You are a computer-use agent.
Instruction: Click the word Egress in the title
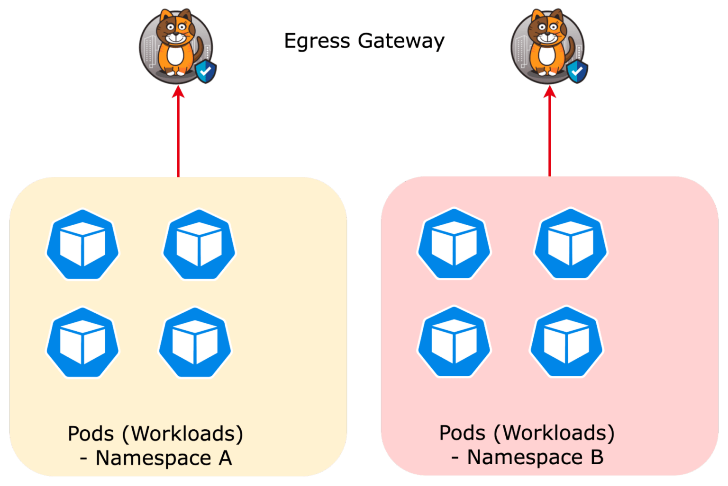tap(317, 41)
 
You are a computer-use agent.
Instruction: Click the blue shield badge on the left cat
tap(206, 71)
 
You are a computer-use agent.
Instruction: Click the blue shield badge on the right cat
tap(577, 71)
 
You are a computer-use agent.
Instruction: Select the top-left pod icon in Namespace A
tap(82, 245)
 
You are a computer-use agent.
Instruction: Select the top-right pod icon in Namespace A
tap(199, 245)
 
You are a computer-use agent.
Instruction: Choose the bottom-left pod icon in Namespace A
tap(82, 343)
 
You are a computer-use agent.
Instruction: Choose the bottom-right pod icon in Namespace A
tap(195, 343)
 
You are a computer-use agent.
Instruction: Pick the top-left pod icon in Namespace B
tap(454, 244)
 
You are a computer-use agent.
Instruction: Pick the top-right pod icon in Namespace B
tap(571, 244)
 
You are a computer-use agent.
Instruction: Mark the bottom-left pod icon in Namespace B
tap(454, 342)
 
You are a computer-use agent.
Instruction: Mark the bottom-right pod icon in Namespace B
tap(566, 342)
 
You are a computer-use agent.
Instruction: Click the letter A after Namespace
tap(225, 458)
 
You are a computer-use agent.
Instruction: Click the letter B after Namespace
tap(596, 457)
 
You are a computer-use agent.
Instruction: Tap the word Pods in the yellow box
tap(91, 434)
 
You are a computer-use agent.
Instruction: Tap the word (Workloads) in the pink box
tap(554, 433)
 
